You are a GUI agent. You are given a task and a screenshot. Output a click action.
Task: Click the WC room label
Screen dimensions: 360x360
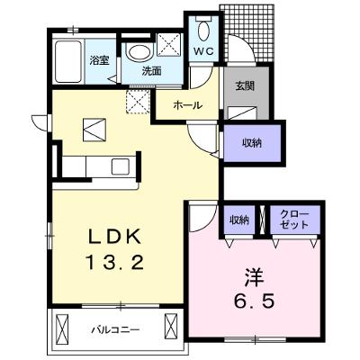pos(203,51)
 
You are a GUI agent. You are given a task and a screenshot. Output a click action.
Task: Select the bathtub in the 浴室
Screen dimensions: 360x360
pos(68,62)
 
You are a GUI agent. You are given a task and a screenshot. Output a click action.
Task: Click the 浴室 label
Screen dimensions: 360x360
pos(99,60)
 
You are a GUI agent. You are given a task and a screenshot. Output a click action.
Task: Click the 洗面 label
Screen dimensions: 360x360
pos(151,71)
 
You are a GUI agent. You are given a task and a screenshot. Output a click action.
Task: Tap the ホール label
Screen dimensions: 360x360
pos(187,105)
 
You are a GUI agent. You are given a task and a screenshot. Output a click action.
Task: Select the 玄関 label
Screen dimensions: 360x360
pos(245,86)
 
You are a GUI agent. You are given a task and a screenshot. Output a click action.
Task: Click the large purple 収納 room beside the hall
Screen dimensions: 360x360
pos(252,143)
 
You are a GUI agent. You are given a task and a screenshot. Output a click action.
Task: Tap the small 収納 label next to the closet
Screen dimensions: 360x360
pos(239,220)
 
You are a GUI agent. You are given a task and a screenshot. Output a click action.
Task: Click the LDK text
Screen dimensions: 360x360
pos(114,238)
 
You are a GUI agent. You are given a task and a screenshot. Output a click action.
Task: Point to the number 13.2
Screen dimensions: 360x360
pos(114,262)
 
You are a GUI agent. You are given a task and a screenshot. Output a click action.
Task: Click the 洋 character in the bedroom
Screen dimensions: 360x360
pos(255,277)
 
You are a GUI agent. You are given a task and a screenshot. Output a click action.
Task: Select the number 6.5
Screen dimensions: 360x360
pos(255,301)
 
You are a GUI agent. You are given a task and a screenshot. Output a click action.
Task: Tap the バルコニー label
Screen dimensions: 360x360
pos(115,330)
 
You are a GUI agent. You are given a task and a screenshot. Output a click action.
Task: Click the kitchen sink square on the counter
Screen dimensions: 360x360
pos(121,166)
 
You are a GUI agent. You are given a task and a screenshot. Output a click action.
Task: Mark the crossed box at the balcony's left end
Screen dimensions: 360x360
pos(63,328)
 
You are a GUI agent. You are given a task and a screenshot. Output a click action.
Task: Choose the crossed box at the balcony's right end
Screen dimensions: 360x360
pos(171,328)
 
